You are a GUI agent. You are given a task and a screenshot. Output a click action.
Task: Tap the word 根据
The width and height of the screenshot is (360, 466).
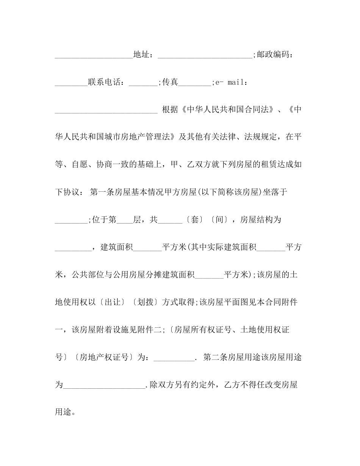tap(170, 109)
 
